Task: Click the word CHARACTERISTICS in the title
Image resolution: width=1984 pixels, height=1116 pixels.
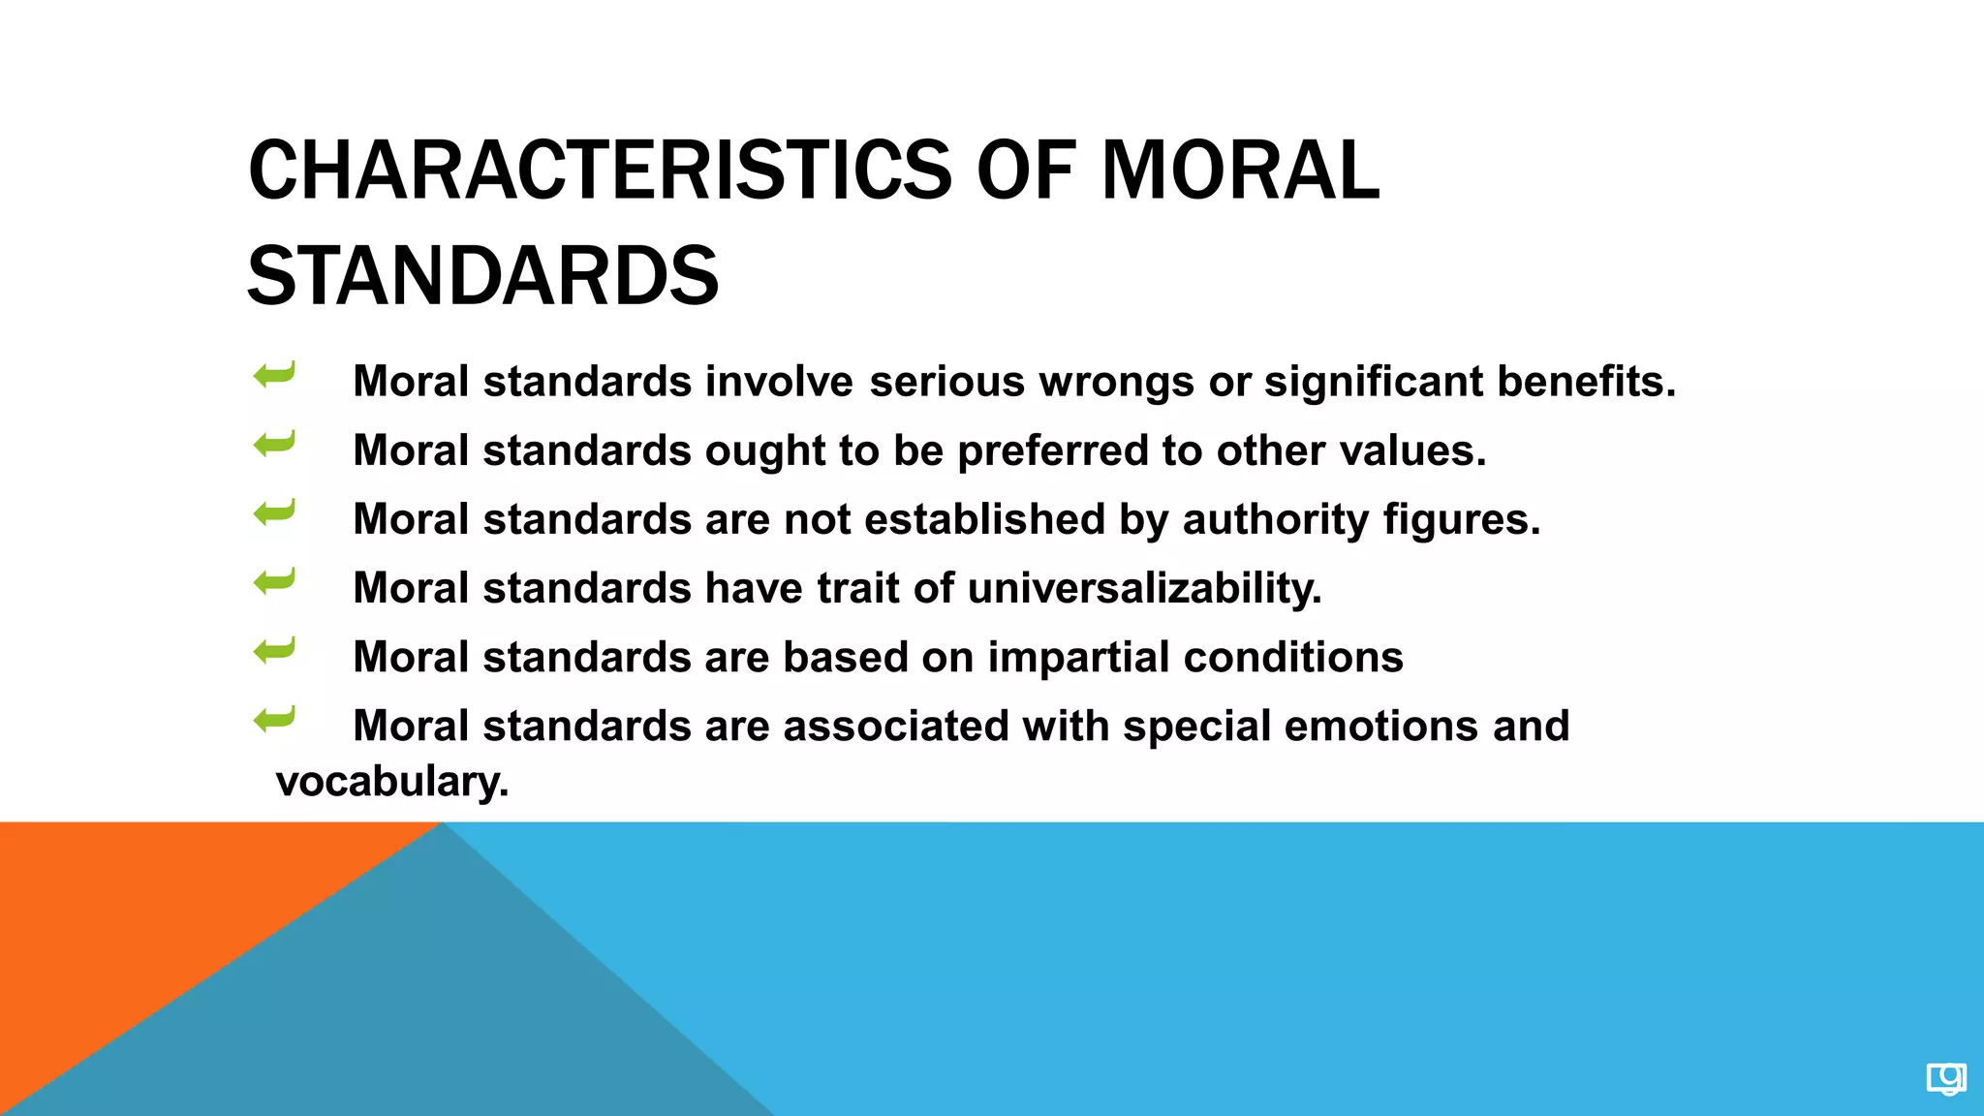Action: [x=601, y=171]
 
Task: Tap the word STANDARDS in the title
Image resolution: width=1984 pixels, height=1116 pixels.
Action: [x=482, y=277]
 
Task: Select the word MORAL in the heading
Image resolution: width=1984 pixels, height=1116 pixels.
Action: [x=1240, y=171]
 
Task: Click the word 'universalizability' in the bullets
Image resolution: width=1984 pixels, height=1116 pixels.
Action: [x=1143, y=588]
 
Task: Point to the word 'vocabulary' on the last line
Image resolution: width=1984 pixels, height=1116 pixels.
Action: [x=390, y=782]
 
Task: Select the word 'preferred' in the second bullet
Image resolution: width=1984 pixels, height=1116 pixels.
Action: [x=1052, y=451]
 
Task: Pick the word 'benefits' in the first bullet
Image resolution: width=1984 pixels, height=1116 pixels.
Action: [x=1585, y=382]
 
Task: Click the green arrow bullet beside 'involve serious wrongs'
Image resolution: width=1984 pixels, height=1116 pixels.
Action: [x=274, y=375]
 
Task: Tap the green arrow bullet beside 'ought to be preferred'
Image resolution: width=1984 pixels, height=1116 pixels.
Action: [x=274, y=444]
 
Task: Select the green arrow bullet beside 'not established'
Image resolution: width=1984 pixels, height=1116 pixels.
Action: [x=274, y=512]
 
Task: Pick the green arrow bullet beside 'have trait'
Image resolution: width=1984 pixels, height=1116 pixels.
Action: [x=274, y=581]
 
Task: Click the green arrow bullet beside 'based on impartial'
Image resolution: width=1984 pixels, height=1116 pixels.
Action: [x=274, y=650]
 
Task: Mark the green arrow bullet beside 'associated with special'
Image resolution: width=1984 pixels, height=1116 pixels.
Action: [x=274, y=719]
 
